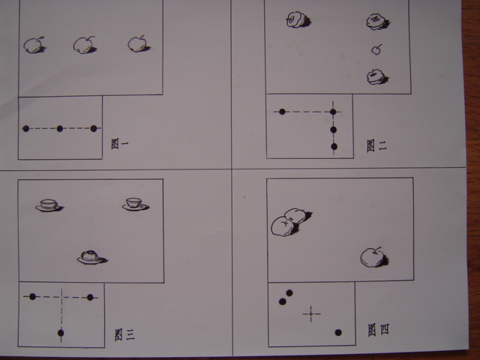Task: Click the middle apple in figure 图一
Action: (x=85, y=45)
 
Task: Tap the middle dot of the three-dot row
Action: (x=60, y=128)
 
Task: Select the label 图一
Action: (x=120, y=143)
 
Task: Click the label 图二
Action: (x=376, y=145)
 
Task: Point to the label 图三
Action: (x=124, y=335)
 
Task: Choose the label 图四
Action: (x=378, y=330)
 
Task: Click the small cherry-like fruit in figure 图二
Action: (x=376, y=49)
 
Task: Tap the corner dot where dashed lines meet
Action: (x=333, y=112)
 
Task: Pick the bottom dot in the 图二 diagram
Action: (x=334, y=147)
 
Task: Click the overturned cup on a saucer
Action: (x=92, y=257)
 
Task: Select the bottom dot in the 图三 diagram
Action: (x=61, y=333)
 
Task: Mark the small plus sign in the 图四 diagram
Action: (x=311, y=313)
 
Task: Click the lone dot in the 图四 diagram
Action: (x=338, y=332)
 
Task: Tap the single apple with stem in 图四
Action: (x=373, y=257)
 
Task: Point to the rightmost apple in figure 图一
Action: (x=139, y=44)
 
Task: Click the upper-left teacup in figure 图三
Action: (x=49, y=205)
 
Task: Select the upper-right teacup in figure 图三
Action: (x=136, y=204)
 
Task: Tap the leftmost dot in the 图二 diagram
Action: (x=282, y=112)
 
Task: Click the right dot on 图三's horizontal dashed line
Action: (x=90, y=297)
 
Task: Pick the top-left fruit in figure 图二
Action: (x=298, y=20)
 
